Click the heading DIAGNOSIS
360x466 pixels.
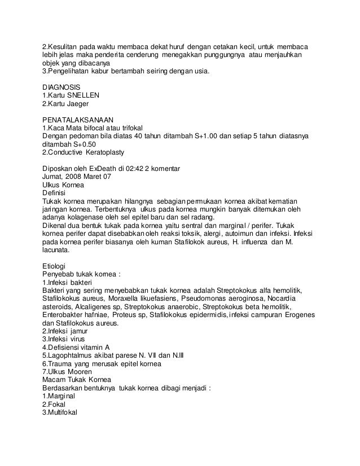point(62,87)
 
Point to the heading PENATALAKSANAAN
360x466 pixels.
point(78,120)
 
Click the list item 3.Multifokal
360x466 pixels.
point(63,412)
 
